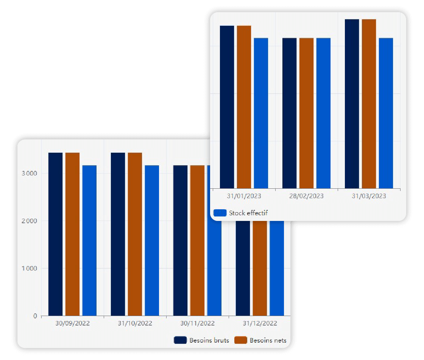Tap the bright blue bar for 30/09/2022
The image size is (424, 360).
pyautogui.click(x=89, y=241)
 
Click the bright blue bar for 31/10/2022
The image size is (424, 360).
pyautogui.click(x=152, y=241)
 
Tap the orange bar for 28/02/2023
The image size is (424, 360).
pyautogui.click(x=307, y=113)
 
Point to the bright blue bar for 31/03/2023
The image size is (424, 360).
pyautogui.click(x=386, y=113)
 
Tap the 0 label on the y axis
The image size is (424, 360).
pyautogui.click(x=35, y=316)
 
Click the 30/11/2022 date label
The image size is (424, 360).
pyautogui.click(x=197, y=324)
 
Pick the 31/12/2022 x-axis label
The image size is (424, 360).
pyautogui.click(x=260, y=324)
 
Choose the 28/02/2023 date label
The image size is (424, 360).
pyautogui.click(x=307, y=196)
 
